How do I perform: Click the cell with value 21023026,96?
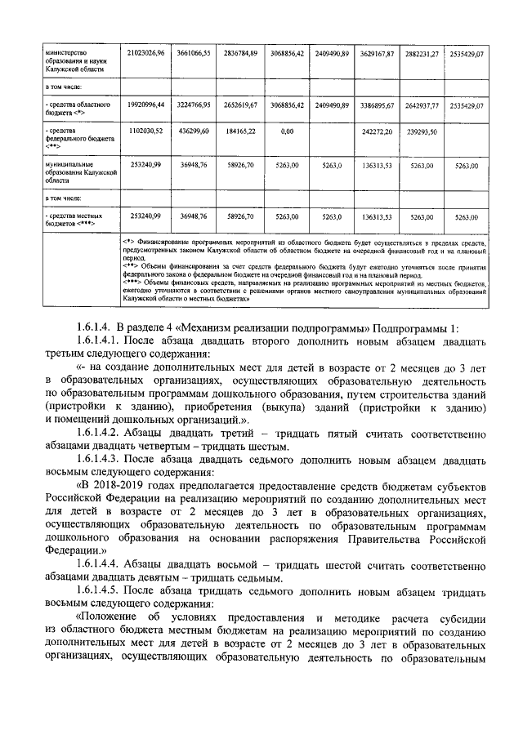(x=146, y=53)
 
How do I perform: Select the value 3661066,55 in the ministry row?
(x=194, y=53)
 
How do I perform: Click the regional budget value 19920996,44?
(x=146, y=105)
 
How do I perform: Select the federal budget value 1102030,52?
(x=146, y=131)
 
